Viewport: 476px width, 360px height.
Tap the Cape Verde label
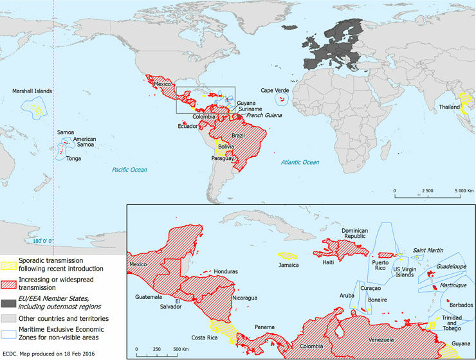274,91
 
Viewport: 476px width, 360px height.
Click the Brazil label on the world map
239,136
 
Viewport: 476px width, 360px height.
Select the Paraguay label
223,157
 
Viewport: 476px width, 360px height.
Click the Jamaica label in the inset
288,264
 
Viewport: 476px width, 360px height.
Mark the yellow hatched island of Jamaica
288,255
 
